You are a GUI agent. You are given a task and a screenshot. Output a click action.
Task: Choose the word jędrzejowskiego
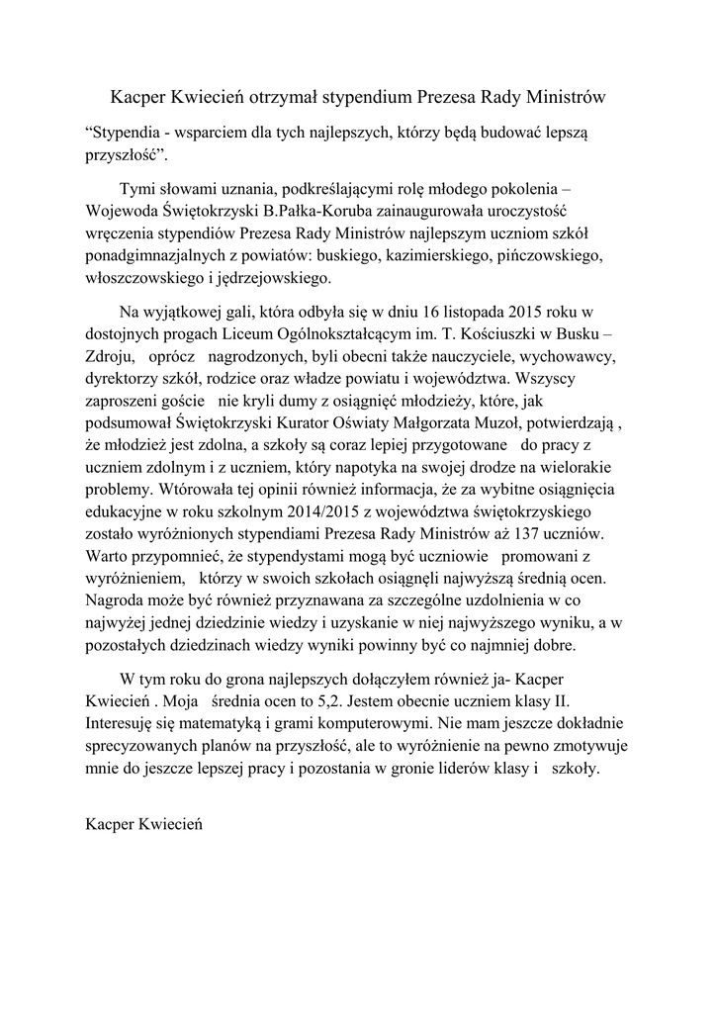tap(260, 279)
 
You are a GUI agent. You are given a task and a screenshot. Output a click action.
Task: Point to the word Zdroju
tap(110, 356)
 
